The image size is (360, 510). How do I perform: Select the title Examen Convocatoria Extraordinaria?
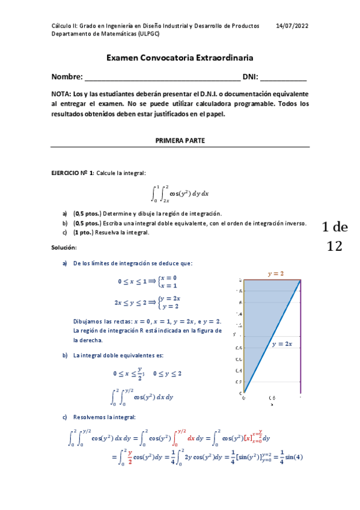coord(180,58)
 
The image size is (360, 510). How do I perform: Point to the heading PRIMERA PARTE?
coord(180,140)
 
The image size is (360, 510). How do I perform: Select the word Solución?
coord(64,248)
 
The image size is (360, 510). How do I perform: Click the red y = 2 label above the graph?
coord(276,274)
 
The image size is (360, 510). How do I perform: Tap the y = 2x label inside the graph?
coord(281,344)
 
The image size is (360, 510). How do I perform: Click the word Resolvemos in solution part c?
coord(90,417)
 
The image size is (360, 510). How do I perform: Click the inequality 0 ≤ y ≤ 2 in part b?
coord(168,373)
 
